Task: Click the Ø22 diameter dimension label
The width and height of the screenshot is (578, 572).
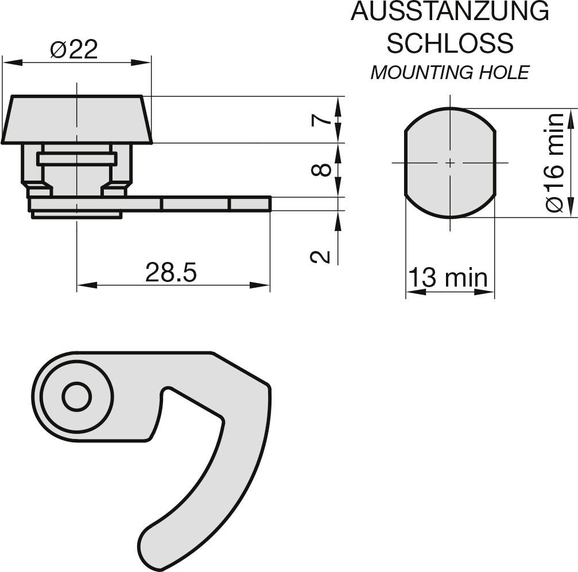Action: pos(74,50)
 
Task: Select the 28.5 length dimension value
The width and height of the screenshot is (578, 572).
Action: pos(170,273)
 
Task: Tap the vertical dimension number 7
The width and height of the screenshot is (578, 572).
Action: pos(321,120)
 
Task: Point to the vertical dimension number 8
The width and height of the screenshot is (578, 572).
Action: pos(321,170)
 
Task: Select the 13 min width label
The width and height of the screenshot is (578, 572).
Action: pos(448,279)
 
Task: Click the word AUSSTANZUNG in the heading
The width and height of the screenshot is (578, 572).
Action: pos(449,13)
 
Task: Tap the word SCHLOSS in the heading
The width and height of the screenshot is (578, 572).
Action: pos(449,42)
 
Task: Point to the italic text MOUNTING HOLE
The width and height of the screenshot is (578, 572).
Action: pos(449,73)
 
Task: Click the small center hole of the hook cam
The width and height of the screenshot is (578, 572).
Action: pos(76,397)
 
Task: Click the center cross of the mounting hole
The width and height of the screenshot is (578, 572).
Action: pos(450,163)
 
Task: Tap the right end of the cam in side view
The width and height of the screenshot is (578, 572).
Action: pos(268,204)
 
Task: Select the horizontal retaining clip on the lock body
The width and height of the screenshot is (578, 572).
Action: pos(77,159)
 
